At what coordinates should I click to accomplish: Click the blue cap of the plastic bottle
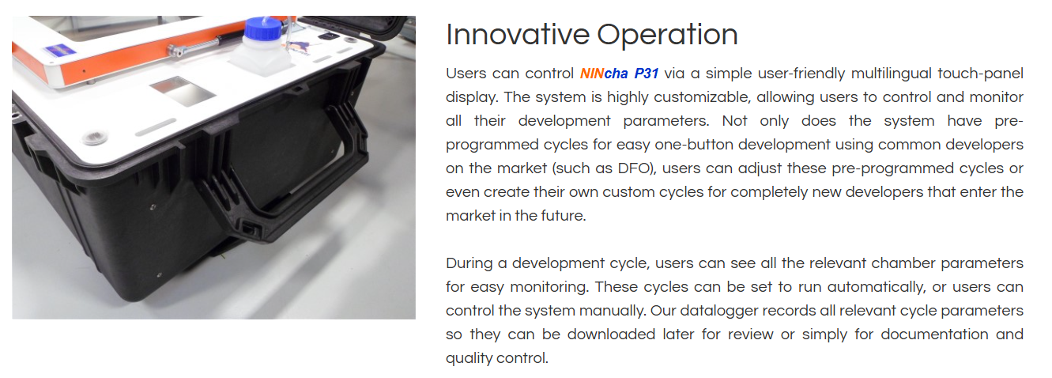click(x=262, y=28)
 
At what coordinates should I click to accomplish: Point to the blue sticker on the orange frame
click(x=59, y=51)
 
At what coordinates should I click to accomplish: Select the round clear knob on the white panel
click(x=95, y=138)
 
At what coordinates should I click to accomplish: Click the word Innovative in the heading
click(x=518, y=35)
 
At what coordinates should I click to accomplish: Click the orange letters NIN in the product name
click(x=592, y=74)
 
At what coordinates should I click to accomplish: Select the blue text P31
click(x=647, y=74)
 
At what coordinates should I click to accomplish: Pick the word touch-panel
click(x=981, y=74)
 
